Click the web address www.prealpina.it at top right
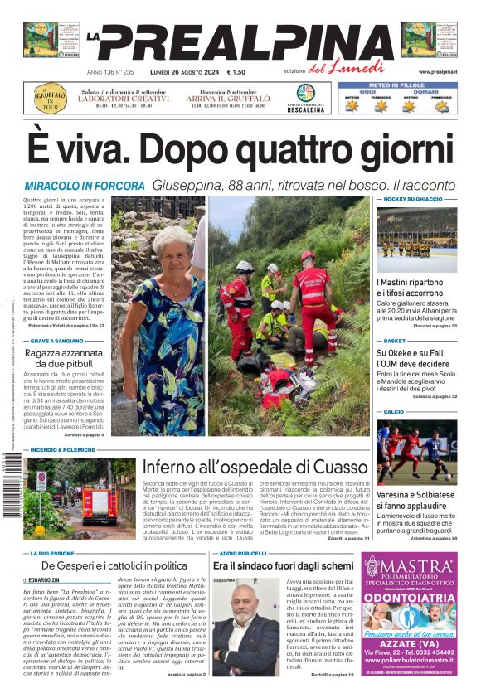click(x=438, y=72)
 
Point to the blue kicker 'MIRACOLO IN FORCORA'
click(x=85, y=186)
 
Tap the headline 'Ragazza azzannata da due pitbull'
click(x=68, y=358)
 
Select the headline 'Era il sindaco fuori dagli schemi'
click(x=283, y=565)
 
